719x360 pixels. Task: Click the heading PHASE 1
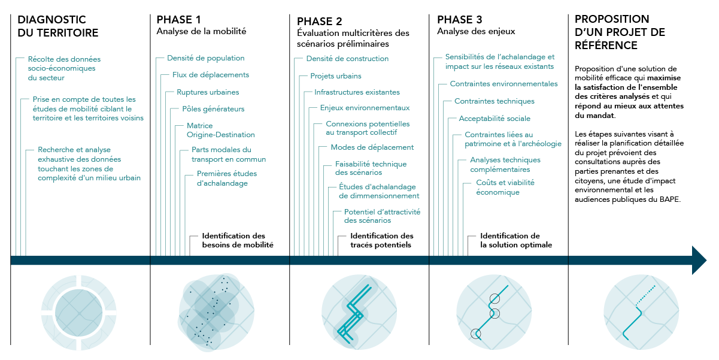[179, 20]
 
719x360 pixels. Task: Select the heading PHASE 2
[320, 22]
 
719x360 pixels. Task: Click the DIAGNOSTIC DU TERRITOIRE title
[57, 26]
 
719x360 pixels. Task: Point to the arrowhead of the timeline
[699, 260]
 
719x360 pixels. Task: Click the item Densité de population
[206, 58]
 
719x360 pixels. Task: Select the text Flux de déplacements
[210, 75]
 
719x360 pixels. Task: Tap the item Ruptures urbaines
[208, 92]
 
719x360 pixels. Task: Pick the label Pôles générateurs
[213, 109]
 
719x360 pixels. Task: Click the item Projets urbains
[335, 76]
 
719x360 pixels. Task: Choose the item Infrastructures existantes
[357, 92]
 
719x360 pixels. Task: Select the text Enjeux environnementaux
[365, 108]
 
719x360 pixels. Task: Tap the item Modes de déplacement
[372, 147]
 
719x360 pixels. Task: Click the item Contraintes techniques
[494, 101]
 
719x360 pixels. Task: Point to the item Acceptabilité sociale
[494, 119]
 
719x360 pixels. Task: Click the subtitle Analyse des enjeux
[476, 31]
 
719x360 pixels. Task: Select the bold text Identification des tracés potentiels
[381, 240]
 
